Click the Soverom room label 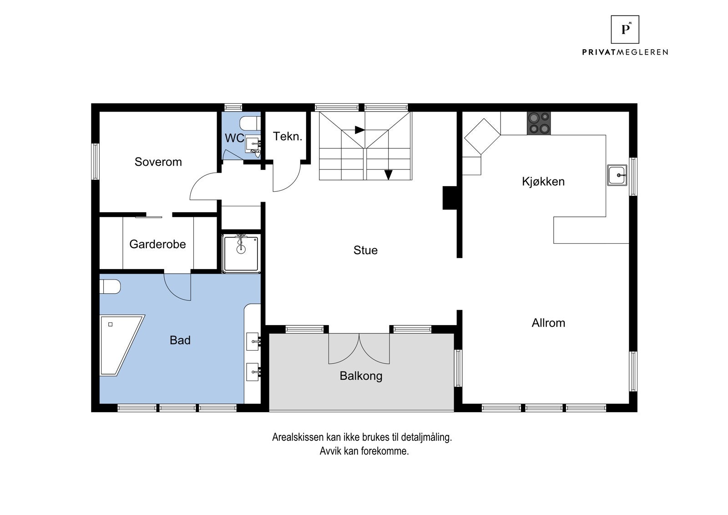point(158,162)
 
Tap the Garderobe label point(157,244)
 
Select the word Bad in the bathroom point(180,340)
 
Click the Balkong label point(361,377)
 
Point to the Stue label point(366,250)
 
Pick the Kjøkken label point(543,182)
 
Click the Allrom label point(549,323)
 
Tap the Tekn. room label point(288,136)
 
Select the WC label point(234,138)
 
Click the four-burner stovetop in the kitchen point(539,123)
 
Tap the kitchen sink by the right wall point(617,175)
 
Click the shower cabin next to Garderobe point(241,253)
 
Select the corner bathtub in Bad point(122,346)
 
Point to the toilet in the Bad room point(110,287)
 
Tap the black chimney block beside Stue point(450,198)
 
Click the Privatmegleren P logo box point(625,29)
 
